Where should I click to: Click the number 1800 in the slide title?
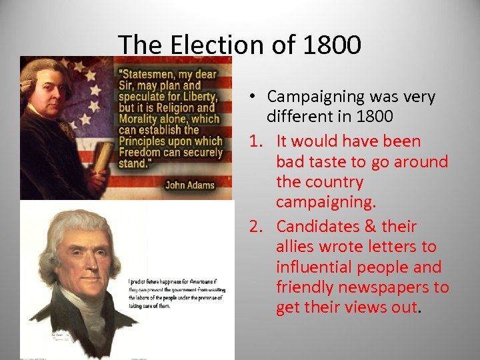coord(331,45)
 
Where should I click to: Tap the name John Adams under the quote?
coord(190,185)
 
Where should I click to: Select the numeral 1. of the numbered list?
coord(258,141)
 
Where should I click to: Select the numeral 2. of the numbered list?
coord(258,227)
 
